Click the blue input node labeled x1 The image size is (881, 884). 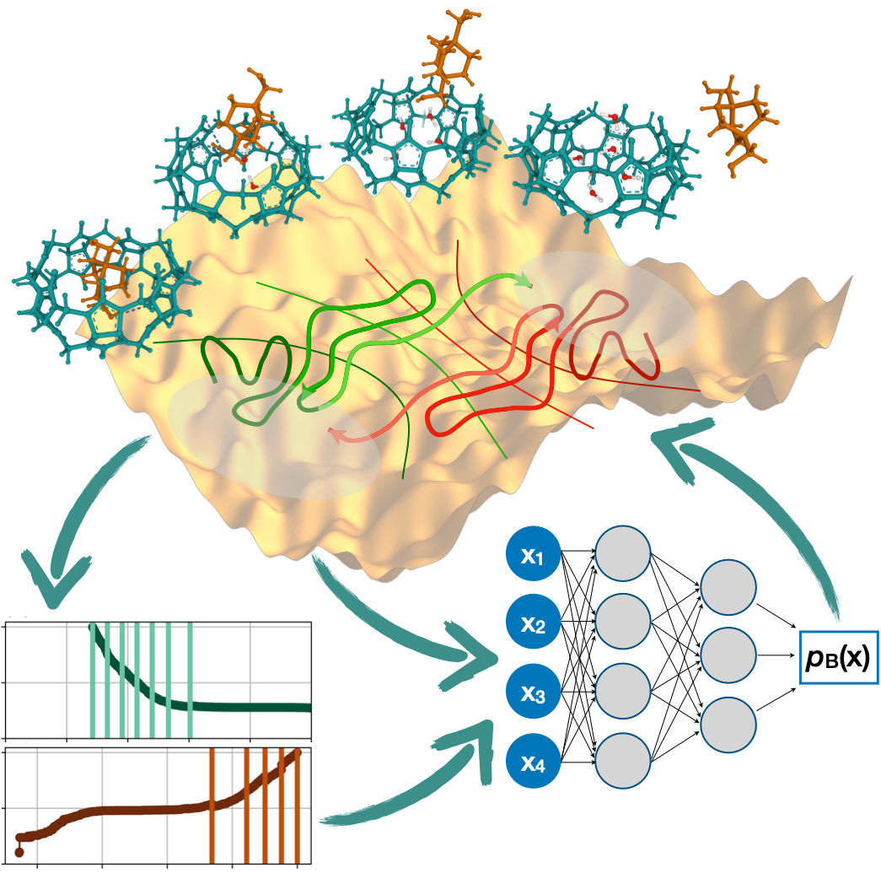coord(533,556)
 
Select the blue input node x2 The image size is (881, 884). coord(533,625)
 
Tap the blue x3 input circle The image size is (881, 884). coord(533,694)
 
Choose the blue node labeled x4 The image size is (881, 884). coord(533,763)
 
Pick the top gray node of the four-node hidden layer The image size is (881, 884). coord(623,554)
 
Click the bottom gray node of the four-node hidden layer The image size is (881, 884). coord(623,763)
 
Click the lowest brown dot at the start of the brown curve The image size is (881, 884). coord(19,853)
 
